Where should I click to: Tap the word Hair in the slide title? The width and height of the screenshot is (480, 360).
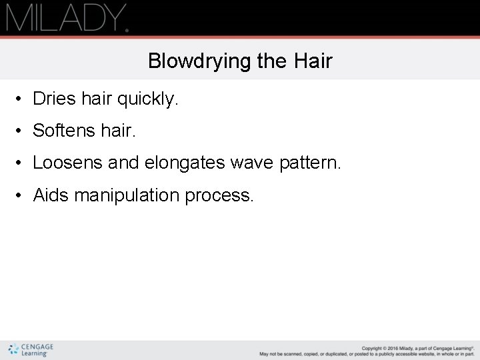(312, 61)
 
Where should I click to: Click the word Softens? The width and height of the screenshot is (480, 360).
(64, 131)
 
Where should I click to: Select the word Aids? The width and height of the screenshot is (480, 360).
(51, 195)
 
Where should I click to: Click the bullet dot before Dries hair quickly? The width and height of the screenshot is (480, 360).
(22, 99)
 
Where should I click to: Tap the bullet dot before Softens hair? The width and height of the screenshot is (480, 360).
(22, 131)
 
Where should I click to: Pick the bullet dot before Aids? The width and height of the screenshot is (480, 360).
(22, 195)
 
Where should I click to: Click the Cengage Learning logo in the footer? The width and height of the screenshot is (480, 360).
(31, 350)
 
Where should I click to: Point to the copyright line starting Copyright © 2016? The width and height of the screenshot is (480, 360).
(417, 348)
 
